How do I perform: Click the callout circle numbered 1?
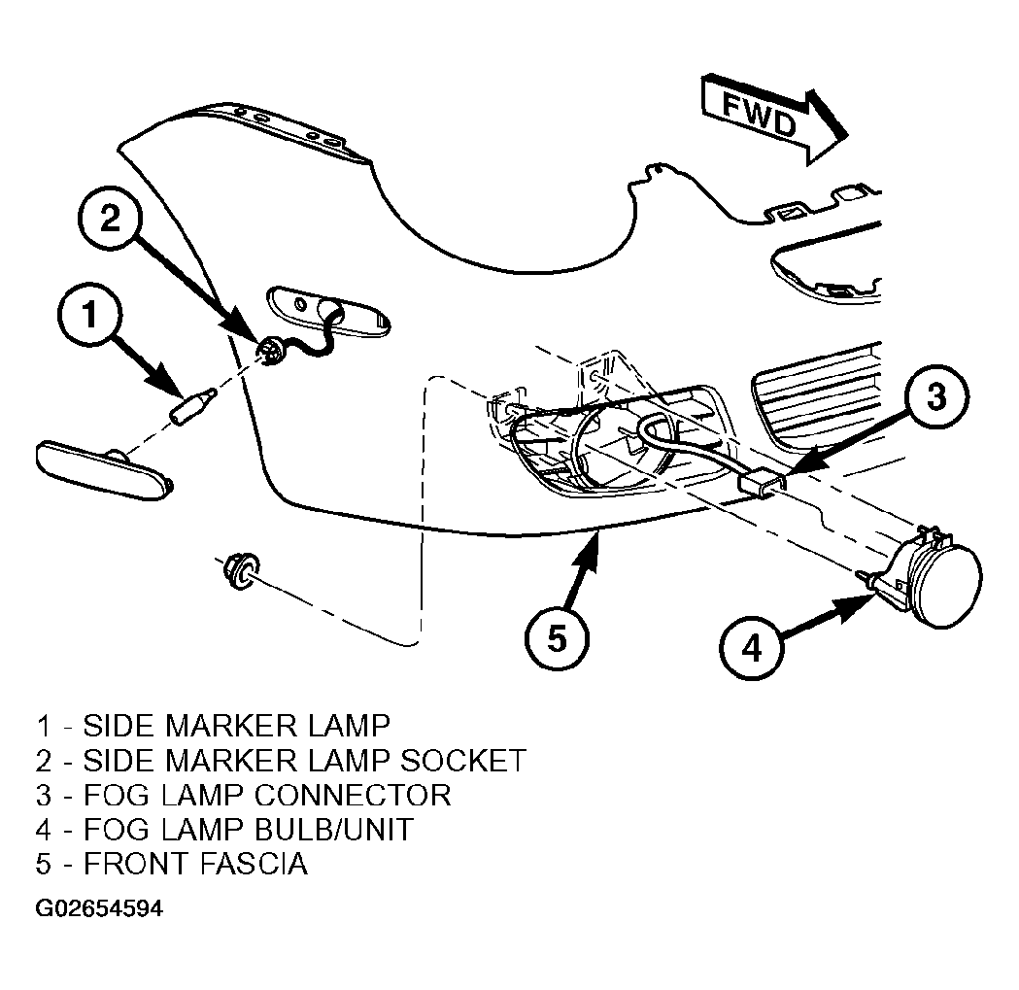click(89, 315)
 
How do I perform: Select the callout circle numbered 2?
click(110, 217)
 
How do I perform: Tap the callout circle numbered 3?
click(936, 396)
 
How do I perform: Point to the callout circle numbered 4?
click(752, 648)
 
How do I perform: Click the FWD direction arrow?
click(773, 119)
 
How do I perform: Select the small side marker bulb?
click(193, 406)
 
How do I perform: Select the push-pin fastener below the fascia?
click(239, 570)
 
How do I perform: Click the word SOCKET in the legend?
click(463, 761)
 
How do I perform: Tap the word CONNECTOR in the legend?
click(353, 795)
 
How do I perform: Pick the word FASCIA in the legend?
click(255, 864)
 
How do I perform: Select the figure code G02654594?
click(99, 908)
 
